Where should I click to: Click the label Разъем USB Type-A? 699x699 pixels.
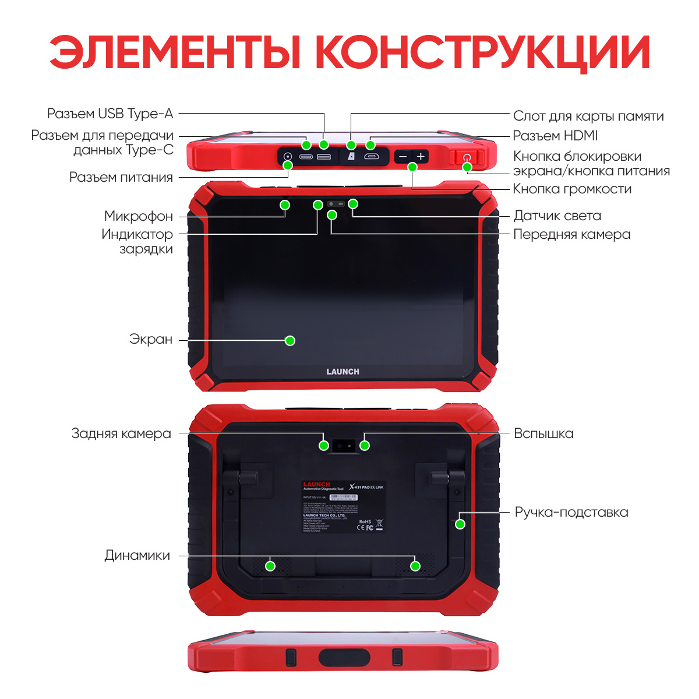(110, 114)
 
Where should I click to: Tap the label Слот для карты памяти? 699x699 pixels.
(588, 116)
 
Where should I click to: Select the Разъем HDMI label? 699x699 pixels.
(555, 136)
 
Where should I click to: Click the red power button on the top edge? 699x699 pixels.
(466, 157)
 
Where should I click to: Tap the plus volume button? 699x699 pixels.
(421, 157)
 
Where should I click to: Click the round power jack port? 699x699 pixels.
(287, 157)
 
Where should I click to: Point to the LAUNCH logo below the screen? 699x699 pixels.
(343, 372)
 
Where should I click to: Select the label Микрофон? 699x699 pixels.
(138, 216)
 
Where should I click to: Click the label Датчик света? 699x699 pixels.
(557, 216)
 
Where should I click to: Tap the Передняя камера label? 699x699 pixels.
(571, 234)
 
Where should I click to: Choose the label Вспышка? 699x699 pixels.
(543, 433)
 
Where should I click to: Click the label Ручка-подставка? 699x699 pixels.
(571, 513)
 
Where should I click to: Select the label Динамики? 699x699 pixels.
(137, 555)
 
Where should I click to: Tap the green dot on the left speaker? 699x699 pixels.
(270, 566)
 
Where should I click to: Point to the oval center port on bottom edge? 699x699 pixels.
(344, 657)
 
